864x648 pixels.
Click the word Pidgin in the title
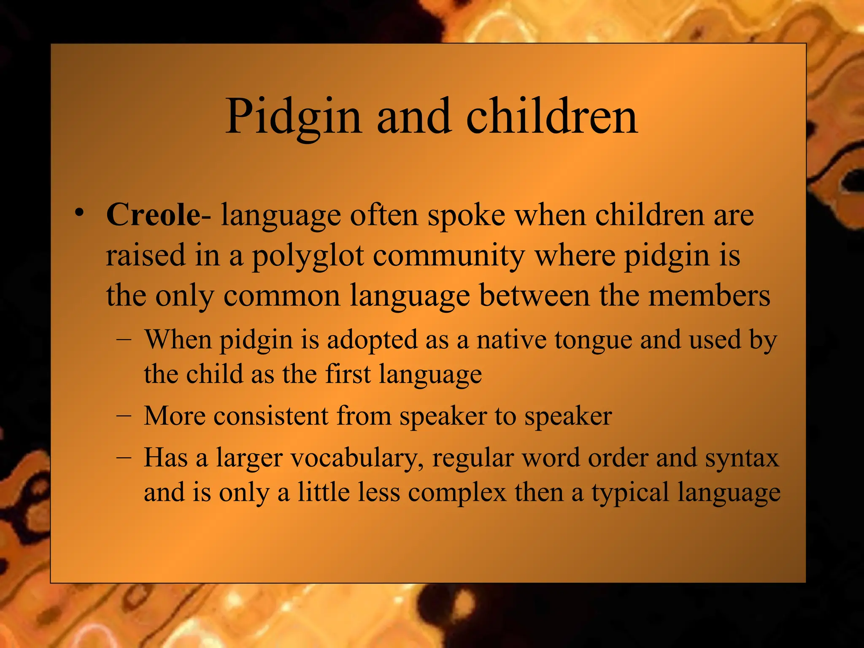293,117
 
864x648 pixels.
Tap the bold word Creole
154,215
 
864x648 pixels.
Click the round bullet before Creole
78,212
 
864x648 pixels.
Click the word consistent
271,416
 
